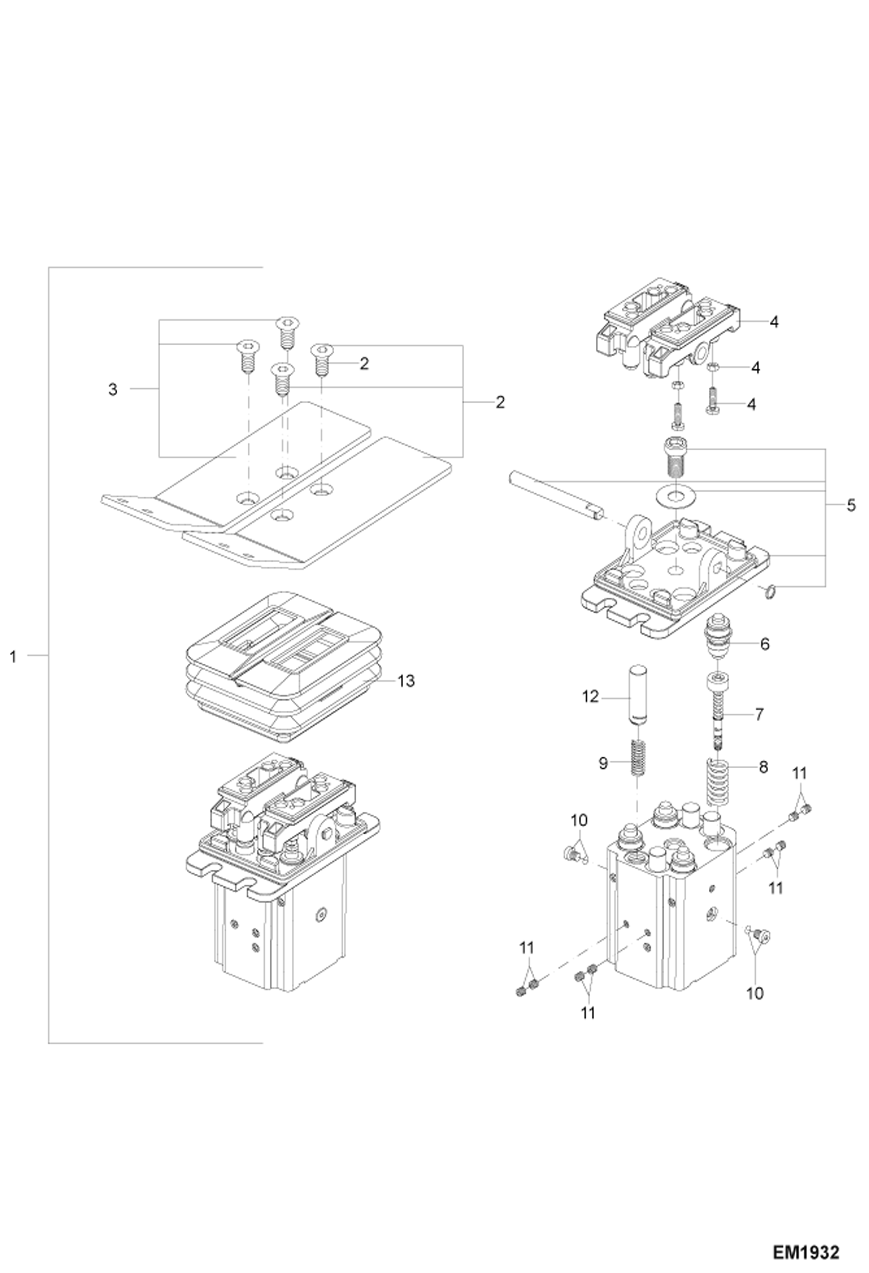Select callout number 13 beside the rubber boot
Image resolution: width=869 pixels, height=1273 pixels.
[406, 681]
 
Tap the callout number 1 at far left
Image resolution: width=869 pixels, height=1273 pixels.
[13, 657]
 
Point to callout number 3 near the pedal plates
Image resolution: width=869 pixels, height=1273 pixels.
[113, 390]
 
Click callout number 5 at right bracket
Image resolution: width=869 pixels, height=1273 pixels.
[850, 505]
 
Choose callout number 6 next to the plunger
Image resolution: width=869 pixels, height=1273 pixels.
[764, 644]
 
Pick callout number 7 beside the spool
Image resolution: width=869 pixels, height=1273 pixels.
[759, 714]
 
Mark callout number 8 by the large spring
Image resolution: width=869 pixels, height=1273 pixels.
[763, 767]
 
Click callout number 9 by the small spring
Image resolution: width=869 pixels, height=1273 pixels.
[602, 764]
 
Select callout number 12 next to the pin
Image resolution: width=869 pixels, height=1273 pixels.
[590, 696]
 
